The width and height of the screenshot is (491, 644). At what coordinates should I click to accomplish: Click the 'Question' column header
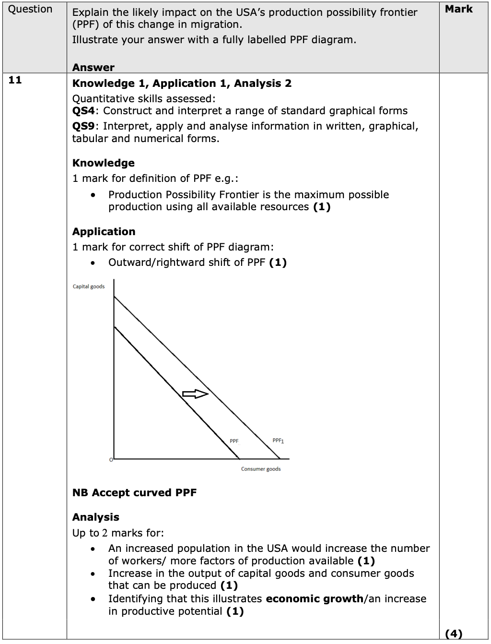click(x=30, y=9)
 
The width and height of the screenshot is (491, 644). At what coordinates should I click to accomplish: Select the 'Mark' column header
click(x=458, y=9)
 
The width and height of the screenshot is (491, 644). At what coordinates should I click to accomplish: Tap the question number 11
click(x=15, y=80)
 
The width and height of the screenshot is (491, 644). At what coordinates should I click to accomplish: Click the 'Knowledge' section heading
click(x=103, y=163)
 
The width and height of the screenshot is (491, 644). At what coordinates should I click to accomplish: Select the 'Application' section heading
click(x=104, y=232)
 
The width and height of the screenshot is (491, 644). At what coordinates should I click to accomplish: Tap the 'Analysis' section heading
click(x=95, y=517)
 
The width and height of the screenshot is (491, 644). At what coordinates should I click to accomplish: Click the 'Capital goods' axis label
click(x=89, y=286)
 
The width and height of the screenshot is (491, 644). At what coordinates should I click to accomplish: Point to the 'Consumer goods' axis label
click(x=261, y=469)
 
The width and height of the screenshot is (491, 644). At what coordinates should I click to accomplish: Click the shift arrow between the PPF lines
click(x=195, y=394)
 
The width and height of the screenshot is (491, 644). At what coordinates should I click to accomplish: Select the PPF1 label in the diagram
click(x=278, y=441)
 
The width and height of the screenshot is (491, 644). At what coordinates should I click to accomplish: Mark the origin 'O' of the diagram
click(x=111, y=460)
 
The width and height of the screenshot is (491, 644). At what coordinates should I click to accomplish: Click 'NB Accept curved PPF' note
click(x=134, y=493)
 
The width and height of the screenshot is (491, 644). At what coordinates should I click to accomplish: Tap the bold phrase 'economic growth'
click(x=315, y=599)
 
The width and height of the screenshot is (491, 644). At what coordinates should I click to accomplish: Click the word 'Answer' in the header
click(x=94, y=68)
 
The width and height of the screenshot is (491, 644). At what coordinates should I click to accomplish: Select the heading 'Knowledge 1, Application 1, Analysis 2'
click(x=182, y=83)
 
